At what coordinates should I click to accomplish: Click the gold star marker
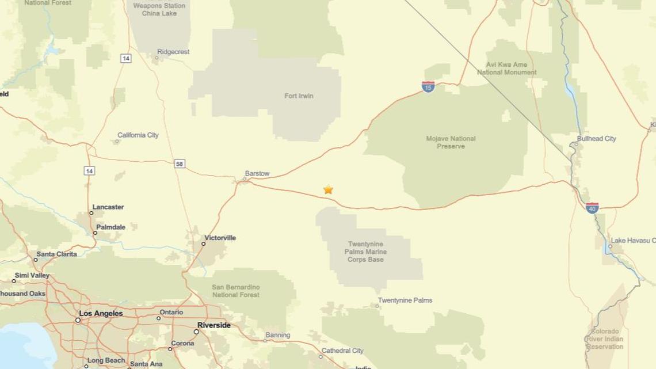328,189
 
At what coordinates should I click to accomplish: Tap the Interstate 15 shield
428,87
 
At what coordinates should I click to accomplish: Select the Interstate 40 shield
592,208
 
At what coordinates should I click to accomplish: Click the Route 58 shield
180,164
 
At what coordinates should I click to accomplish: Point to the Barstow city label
257,173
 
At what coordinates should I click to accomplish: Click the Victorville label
220,238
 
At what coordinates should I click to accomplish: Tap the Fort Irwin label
299,96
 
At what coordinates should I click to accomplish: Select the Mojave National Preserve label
451,142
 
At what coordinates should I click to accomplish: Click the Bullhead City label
596,139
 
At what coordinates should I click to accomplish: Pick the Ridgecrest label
173,52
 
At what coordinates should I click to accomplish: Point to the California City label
138,135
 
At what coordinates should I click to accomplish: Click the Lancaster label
108,207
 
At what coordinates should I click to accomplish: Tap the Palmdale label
110,227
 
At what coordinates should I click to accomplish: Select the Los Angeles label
101,314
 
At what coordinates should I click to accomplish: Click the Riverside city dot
196,332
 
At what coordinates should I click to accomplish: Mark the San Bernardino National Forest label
235,291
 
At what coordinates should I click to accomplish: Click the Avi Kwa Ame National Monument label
506,69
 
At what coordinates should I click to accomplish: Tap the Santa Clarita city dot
35,260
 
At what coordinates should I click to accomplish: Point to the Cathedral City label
342,351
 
